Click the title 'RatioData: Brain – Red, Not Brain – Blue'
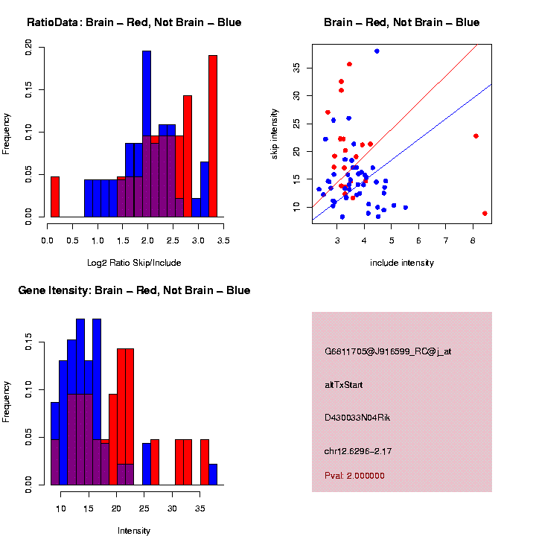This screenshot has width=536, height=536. (134, 22)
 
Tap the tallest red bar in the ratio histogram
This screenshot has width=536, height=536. (213, 134)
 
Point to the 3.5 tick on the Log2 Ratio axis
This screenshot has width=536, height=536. (223, 241)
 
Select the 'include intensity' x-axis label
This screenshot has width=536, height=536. (402, 263)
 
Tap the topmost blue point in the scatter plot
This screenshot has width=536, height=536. (377, 51)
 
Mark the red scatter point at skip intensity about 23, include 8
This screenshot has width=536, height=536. (476, 136)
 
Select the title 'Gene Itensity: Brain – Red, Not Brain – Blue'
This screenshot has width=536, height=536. (134, 290)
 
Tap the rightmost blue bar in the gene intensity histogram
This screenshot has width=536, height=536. (213, 474)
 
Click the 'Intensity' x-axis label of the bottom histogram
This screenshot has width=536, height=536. (134, 531)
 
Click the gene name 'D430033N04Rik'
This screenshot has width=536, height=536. (357, 418)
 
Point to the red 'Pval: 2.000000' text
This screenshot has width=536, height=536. (355, 476)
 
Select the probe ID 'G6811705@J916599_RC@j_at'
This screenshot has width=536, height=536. (388, 351)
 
